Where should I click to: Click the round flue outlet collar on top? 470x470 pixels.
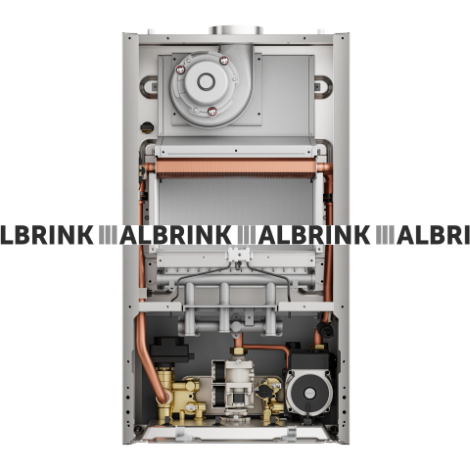click(x=235, y=35)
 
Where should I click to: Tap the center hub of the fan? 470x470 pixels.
click(x=207, y=82)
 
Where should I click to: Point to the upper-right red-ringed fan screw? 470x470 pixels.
click(x=223, y=62)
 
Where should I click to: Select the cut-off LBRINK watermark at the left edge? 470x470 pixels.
click(x=49, y=235)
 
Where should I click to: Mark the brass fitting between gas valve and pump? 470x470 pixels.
click(x=273, y=400)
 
